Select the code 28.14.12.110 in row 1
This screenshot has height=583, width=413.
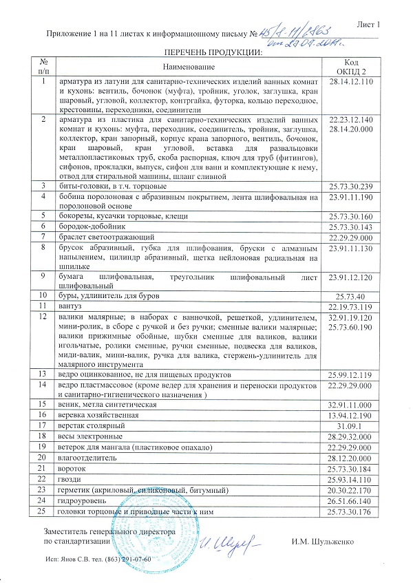351,82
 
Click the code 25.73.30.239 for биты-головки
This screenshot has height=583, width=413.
351,186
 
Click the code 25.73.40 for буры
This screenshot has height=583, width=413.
351,295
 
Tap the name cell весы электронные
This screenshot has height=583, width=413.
92,436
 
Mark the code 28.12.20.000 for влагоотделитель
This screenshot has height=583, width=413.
351,457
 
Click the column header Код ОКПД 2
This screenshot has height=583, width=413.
351,67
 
